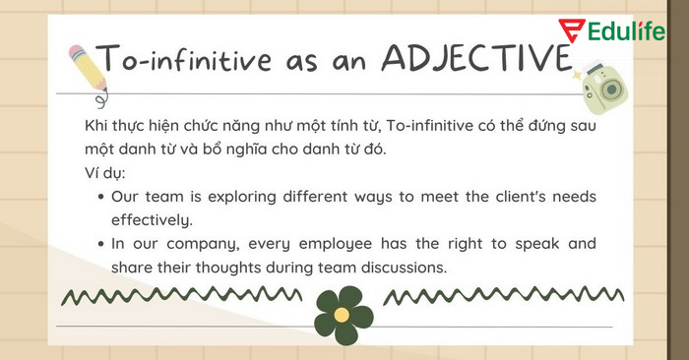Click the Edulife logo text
[x=635, y=30]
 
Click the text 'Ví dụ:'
[x=105, y=173]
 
